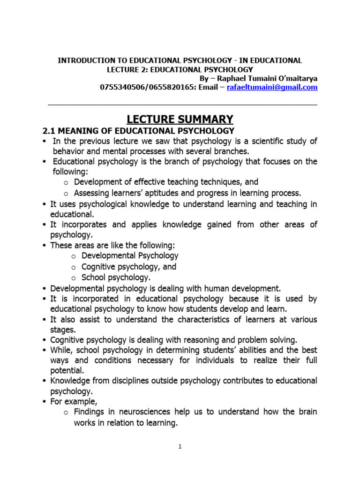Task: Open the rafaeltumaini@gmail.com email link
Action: point(272,87)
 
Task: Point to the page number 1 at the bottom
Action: point(180,447)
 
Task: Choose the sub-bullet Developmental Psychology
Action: point(130,255)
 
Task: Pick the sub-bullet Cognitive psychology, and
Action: point(129,266)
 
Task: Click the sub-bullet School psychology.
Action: point(116,277)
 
